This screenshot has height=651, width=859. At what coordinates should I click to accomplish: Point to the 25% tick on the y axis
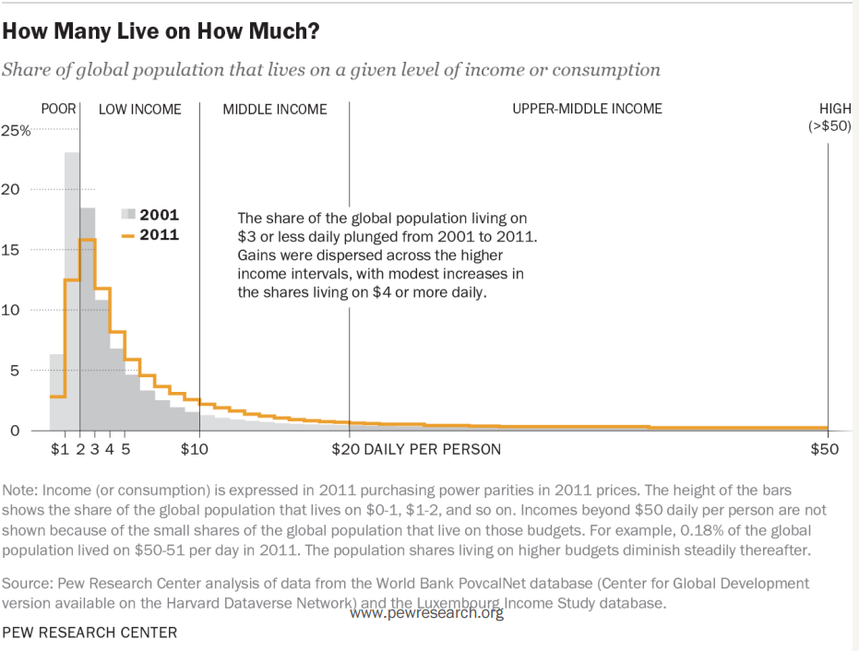click(x=19, y=131)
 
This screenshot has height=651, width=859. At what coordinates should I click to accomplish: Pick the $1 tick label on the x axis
click(x=60, y=449)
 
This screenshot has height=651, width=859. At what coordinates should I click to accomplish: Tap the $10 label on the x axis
click(x=196, y=449)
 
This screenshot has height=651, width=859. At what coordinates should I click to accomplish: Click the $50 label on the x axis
click(x=824, y=449)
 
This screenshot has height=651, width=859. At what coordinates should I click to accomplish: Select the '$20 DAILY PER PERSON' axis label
click(x=416, y=449)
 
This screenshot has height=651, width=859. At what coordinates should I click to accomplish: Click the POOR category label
click(x=59, y=109)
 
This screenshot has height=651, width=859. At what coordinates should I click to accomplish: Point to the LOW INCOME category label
click(x=140, y=109)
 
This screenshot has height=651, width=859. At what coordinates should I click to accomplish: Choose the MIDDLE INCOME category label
click(x=275, y=109)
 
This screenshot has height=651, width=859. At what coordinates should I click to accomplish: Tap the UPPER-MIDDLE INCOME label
click(x=587, y=109)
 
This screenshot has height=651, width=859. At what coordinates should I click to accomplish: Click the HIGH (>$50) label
click(x=829, y=117)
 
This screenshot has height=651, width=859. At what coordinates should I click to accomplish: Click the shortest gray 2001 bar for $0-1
click(x=57, y=392)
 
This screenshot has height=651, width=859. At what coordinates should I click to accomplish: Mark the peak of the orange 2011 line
click(x=87, y=240)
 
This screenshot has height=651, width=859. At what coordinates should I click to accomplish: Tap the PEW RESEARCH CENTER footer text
click(x=90, y=633)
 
